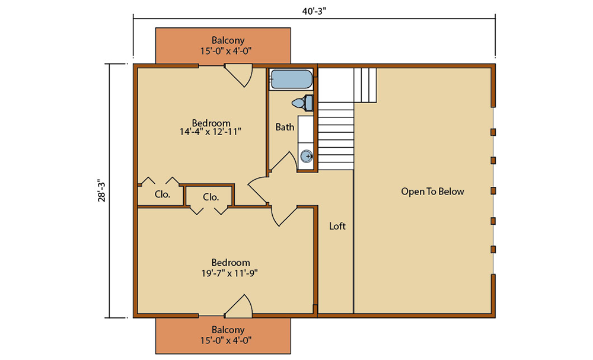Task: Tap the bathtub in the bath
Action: [291, 79]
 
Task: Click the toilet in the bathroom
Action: [303, 103]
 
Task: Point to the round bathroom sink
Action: [306, 157]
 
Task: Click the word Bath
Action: [285, 127]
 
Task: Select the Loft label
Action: [337, 226]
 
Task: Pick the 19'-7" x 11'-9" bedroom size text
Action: [231, 273]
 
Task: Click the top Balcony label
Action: [223, 40]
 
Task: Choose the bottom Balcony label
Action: [223, 330]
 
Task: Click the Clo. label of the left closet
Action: [162, 194]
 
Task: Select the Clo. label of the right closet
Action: [211, 197]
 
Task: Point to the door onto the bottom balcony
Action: [240, 305]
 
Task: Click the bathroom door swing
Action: [285, 163]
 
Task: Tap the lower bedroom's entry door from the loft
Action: [282, 216]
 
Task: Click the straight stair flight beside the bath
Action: [336, 136]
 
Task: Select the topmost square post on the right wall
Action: [493, 132]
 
